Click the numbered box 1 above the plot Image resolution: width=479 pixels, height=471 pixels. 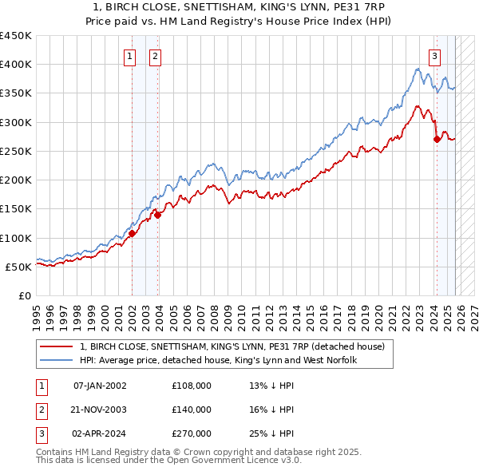(129, 56)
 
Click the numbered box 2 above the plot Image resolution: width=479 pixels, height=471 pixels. (154, 56)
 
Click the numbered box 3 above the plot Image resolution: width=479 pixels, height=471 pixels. (434, 56)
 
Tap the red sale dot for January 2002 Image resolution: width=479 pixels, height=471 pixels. (132, 233)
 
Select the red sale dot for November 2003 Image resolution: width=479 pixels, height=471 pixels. (158, 215)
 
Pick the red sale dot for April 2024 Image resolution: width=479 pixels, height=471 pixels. (437, 140)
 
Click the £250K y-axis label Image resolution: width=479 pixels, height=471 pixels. (16, 151)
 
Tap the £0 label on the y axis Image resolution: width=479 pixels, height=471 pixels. (25, 295)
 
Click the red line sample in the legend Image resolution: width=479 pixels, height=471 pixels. (57, 346)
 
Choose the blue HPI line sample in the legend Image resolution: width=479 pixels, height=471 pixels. (57, 360)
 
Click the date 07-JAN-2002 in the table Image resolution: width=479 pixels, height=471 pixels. (100, 386)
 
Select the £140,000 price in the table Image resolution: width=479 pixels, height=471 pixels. (192, 409)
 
